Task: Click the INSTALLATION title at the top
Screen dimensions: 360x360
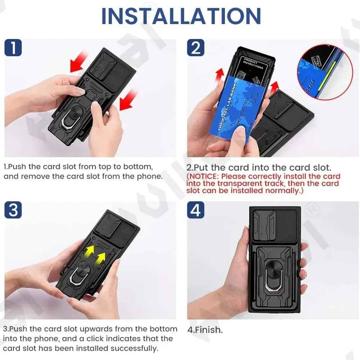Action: click(181, 16)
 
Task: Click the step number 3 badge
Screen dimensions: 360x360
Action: click(13, 210)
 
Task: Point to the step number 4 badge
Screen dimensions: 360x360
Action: click(196, 210)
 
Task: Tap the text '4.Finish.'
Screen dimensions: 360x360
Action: click(205, 329)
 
